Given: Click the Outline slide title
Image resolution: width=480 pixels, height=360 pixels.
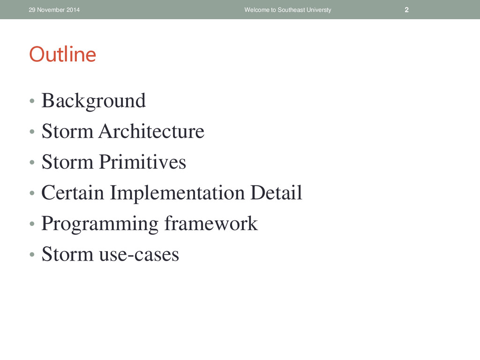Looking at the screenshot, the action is [x=63, y=54].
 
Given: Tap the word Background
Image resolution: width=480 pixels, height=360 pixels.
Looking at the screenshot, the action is [x=93, y=101].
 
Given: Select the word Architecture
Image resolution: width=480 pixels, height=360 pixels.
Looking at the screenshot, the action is [x=151, y=131].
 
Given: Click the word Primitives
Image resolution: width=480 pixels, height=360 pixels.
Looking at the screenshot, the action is [x=142, y=162].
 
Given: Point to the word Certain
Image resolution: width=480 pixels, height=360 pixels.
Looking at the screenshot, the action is [x=73, y=193].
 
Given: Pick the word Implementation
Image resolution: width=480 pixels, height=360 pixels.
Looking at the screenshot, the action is [x=177, y=194].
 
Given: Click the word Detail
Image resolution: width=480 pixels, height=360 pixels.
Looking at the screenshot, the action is [x=276, y=192].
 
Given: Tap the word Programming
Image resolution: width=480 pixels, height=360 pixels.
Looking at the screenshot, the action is [x=100, y=224].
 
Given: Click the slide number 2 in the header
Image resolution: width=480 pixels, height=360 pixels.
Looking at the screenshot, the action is [x=406, y=10].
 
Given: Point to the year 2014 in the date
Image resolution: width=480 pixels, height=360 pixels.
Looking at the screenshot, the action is [x=73, y=10].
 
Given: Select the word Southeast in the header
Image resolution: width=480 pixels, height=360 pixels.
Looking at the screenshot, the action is [x=291, y=10].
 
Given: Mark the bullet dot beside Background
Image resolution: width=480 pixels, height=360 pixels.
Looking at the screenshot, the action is [x=32, y=101].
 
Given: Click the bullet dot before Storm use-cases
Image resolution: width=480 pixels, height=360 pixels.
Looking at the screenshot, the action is [x=32, y=255].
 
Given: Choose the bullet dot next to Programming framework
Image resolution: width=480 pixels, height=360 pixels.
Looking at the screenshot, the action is [x=32, y=224].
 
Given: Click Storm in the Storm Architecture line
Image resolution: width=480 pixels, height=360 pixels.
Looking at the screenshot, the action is [x=67, y=131].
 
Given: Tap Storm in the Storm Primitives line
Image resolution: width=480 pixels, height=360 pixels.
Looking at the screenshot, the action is [x=67, y=162].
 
